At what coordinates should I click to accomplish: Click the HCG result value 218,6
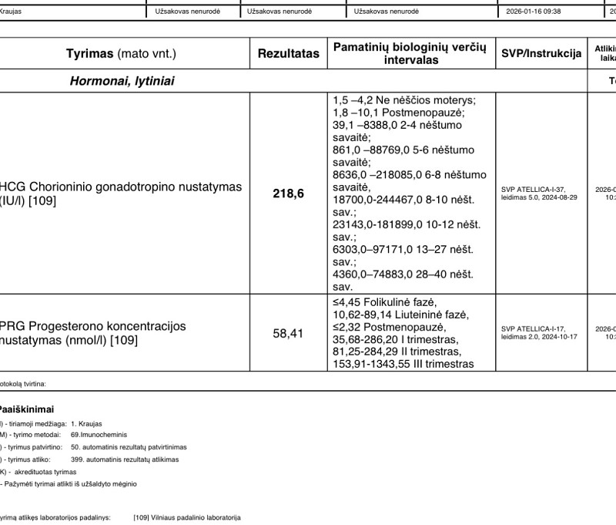(x=289, y=194)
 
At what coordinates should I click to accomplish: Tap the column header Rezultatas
(x=289, y=53)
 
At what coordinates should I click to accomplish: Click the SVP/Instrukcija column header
(x=541, y=53)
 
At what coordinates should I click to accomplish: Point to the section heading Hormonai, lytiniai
(x=122, y=81)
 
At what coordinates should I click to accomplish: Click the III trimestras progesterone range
(x=403, y=365)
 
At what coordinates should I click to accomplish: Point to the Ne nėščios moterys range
(x=404, y=100)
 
